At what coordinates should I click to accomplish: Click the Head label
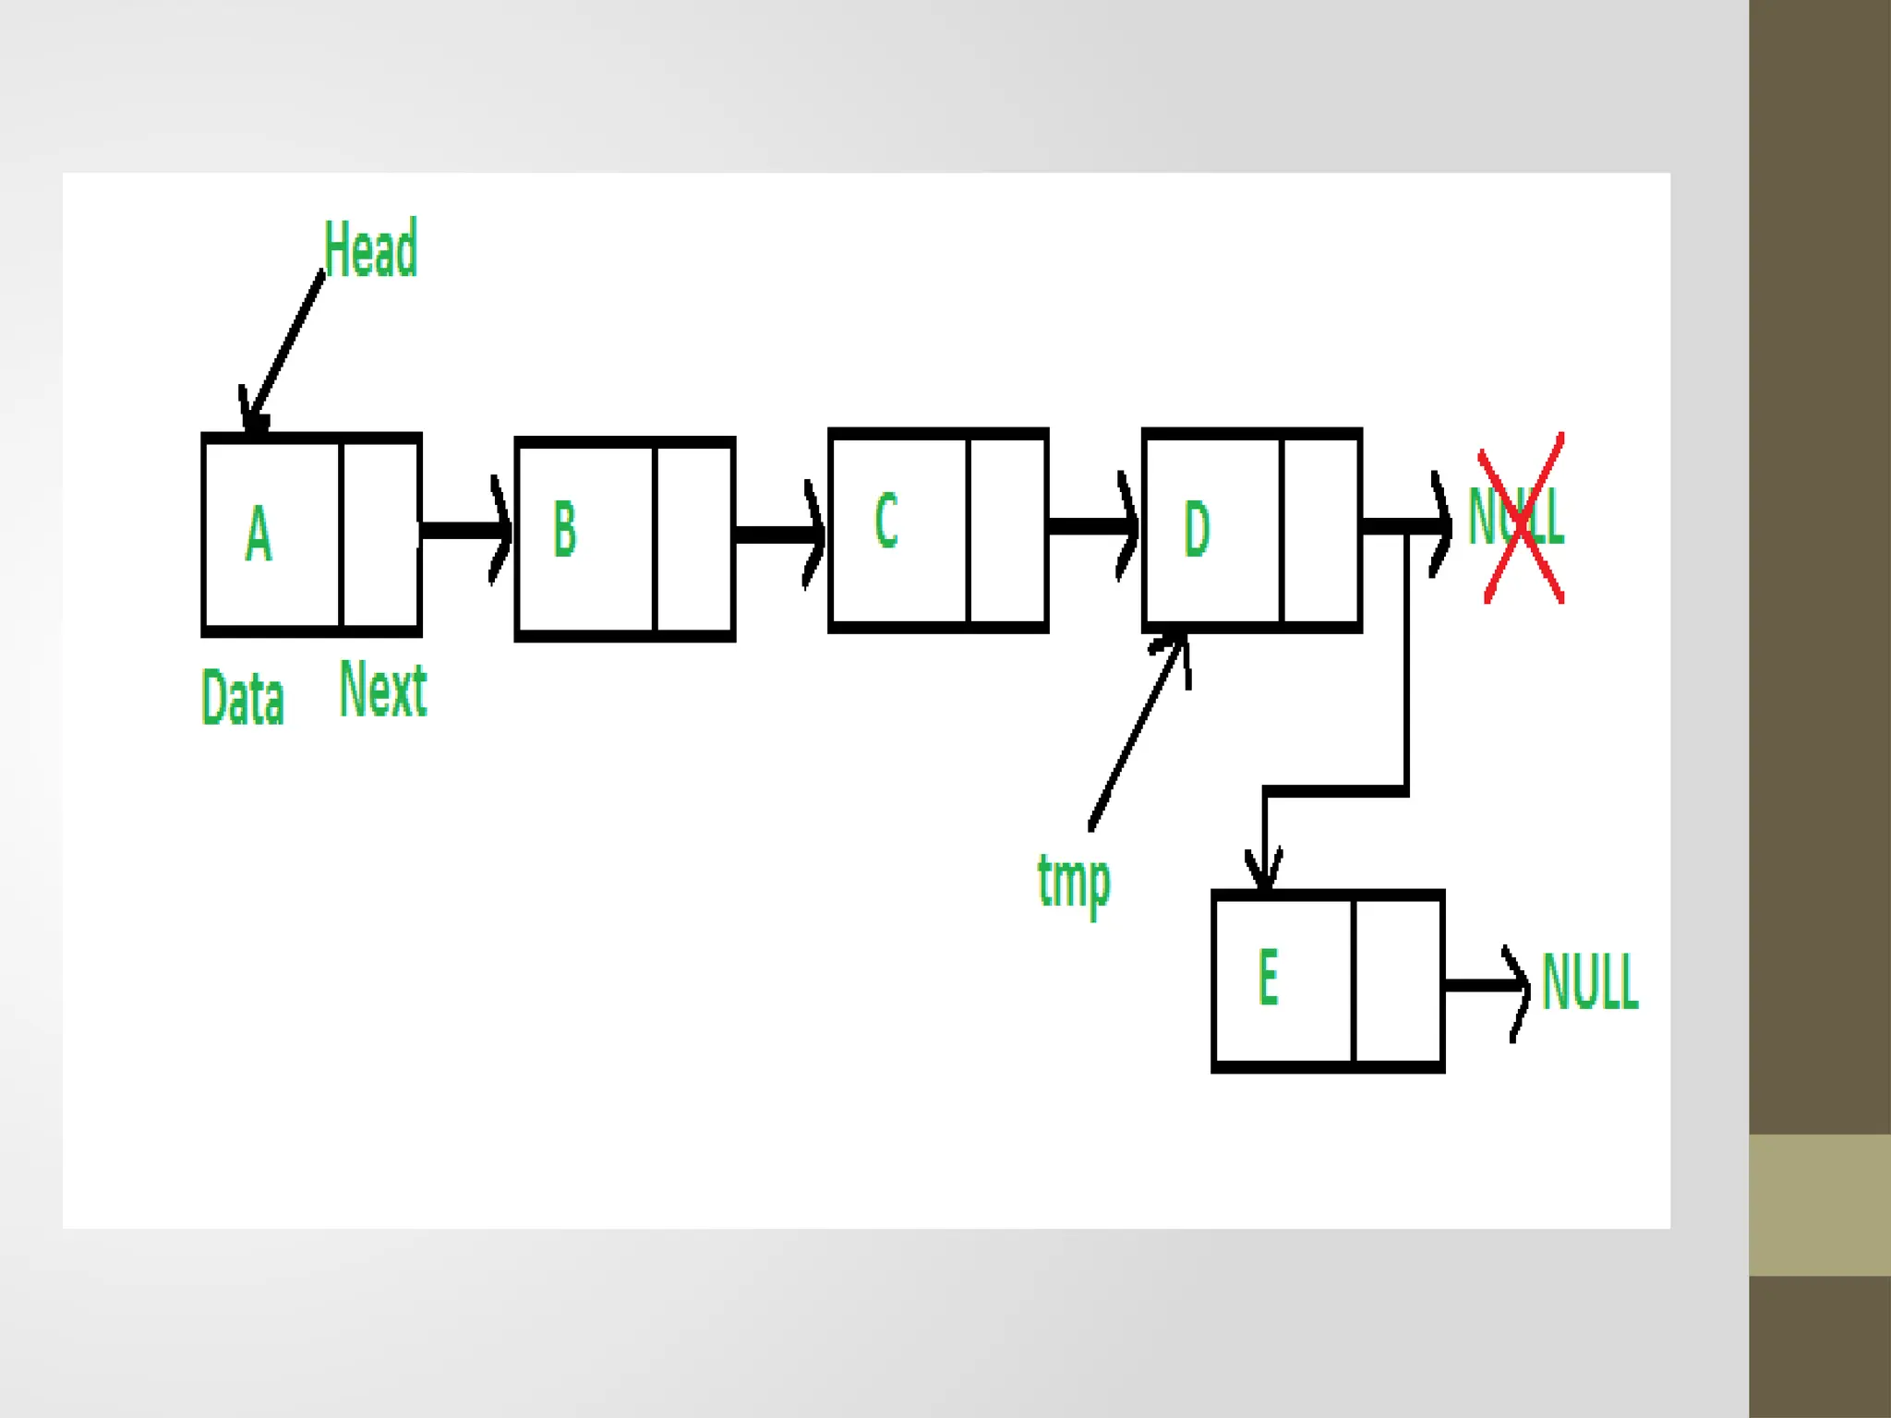370,248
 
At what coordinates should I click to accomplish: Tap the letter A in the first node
259,533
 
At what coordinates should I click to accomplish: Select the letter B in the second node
564,528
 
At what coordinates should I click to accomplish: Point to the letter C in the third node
885,521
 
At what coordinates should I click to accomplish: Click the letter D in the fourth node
1197,528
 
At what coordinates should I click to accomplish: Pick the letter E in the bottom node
1269,977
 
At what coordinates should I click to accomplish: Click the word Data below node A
242,698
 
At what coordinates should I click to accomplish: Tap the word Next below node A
383,690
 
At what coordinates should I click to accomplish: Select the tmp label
1074,882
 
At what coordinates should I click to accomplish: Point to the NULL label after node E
1590,982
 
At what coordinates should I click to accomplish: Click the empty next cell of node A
380,534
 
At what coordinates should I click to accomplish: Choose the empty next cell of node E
1397,980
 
